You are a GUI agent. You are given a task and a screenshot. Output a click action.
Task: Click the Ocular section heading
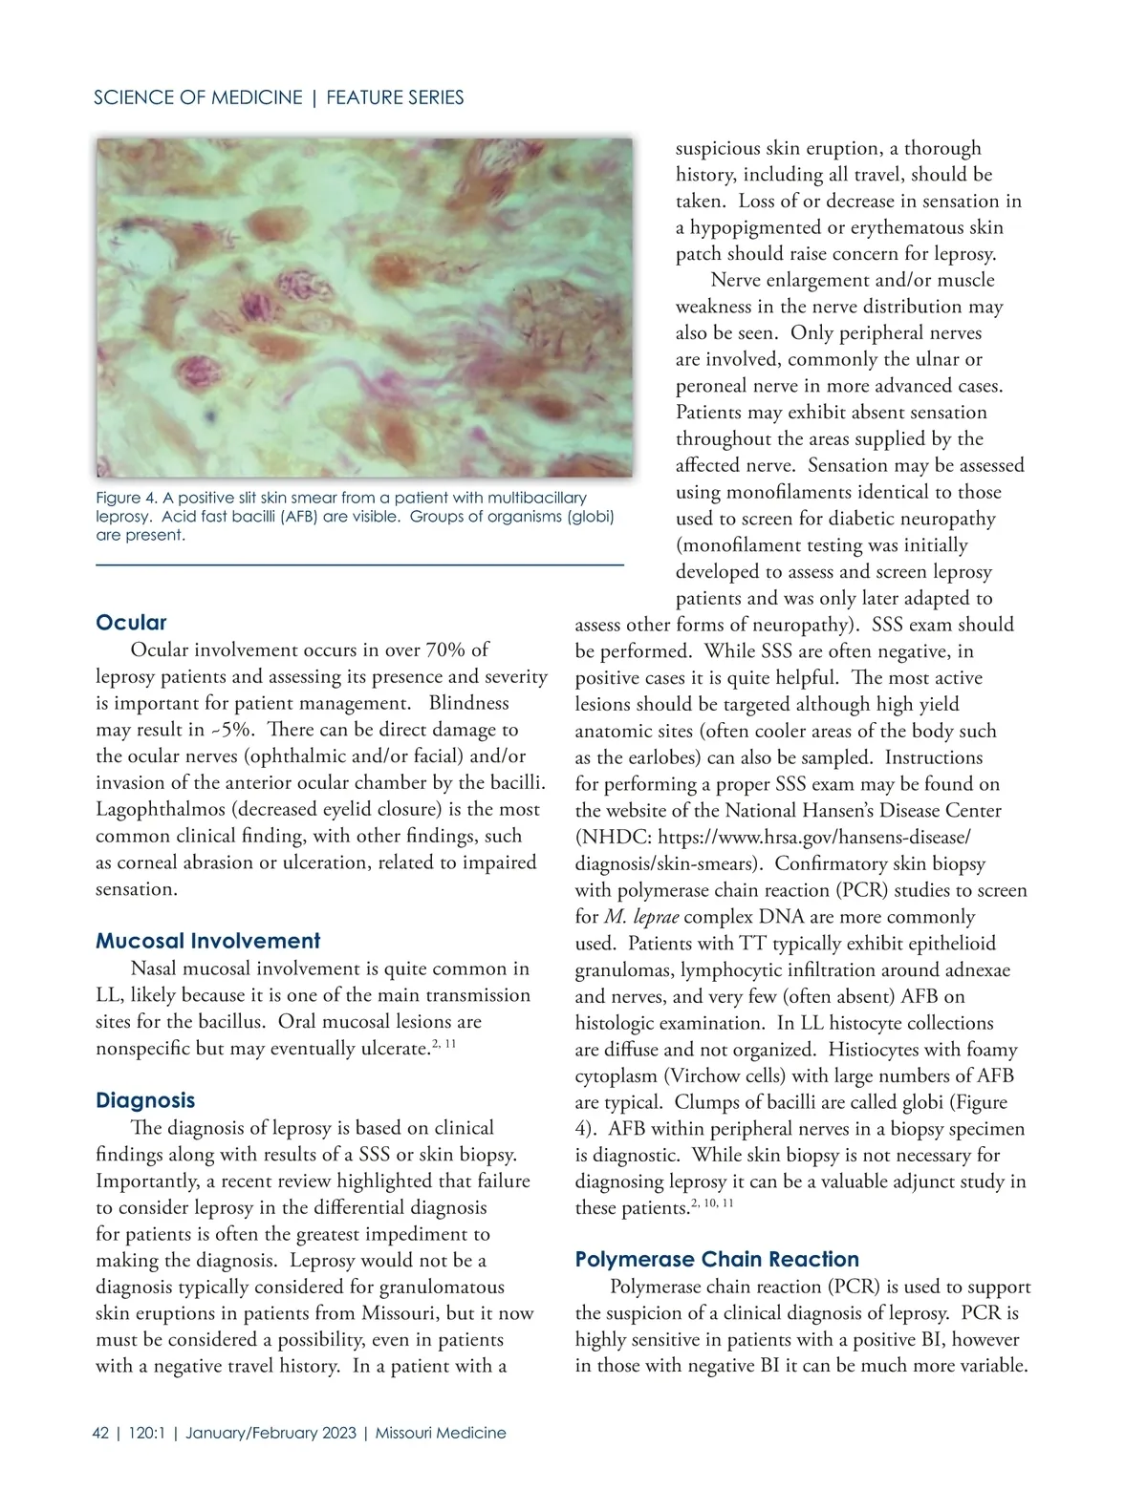pos(131,623)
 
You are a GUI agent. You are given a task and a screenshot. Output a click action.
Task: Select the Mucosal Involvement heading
pos(207,941)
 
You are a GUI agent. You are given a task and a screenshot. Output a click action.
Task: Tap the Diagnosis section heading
pos(145,1100)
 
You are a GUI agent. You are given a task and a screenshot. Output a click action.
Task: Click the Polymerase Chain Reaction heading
pos(717,1259)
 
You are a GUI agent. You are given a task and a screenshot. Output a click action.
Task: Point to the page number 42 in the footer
pos(100,1433)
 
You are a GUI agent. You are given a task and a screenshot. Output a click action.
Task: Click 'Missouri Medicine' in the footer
pos(441,1433)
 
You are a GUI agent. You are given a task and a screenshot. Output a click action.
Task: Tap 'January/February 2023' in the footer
pos(271,1433)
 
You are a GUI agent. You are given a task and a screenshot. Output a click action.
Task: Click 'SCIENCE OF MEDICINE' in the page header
pos(198,97)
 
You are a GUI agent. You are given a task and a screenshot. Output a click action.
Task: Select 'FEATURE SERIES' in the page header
pos(395,97)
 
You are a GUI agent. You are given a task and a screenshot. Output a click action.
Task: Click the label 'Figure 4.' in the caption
pos(126,498)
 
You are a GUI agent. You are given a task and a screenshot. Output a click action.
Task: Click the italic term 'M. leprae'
pos(641,917)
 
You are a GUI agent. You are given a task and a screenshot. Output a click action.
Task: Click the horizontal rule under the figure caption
pos(359,566)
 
